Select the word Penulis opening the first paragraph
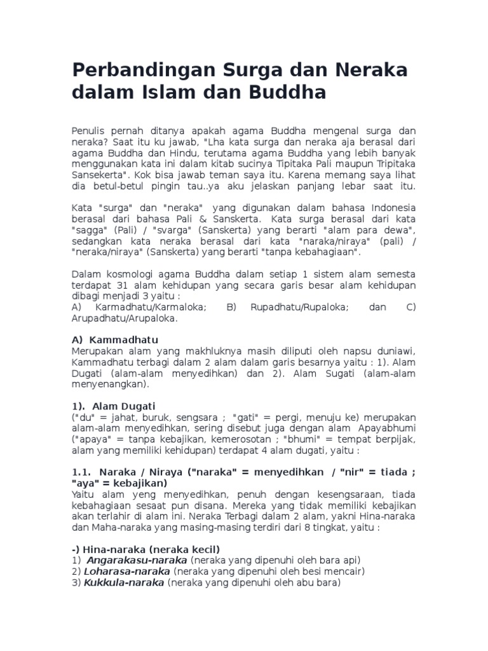tap(90, 130)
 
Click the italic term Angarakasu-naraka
tap(137, 560)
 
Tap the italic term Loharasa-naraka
tap(126, 571)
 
